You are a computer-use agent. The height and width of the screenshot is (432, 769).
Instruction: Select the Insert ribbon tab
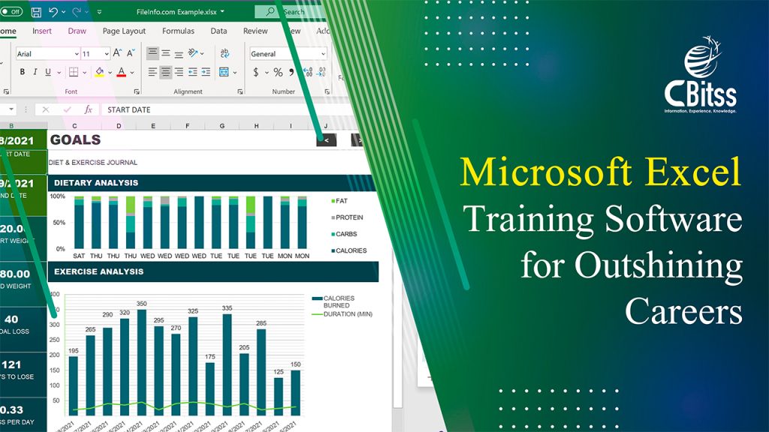42,31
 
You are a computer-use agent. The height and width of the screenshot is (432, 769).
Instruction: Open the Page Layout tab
124,31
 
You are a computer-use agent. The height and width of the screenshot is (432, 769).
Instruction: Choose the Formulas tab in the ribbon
178,31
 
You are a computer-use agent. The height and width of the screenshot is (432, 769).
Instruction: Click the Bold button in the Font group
23,72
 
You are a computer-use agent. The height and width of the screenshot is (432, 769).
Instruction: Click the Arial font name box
47,54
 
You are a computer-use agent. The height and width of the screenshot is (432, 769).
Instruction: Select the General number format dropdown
288,54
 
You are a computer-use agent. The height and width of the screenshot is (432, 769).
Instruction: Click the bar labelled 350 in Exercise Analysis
142,360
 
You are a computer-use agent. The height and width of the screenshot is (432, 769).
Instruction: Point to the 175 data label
210,357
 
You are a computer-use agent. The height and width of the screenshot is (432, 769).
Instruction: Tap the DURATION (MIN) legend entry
348,313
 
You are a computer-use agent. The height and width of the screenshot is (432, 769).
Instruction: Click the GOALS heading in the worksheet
75,140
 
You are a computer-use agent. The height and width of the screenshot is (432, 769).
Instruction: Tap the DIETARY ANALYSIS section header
96,182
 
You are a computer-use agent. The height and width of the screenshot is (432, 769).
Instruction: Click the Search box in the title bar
290,12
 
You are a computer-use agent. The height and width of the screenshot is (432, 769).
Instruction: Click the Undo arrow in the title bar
53,12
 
